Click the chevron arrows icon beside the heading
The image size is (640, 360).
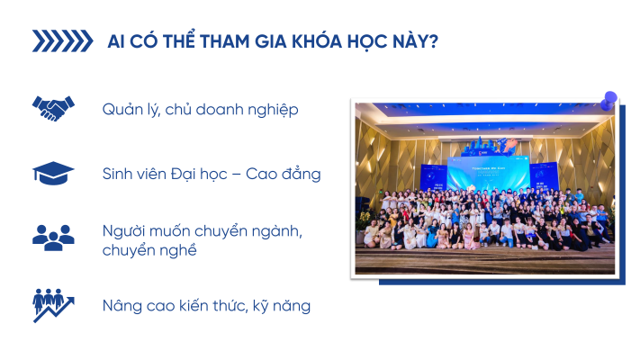click(x=62, y=40)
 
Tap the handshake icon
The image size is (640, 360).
click(x=53, y=109)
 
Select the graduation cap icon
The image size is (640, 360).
click(x=53, y=173)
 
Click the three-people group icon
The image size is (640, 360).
click(x=53, y=238)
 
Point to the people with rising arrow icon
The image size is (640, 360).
click(x=53, y=305)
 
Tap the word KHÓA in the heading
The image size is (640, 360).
click(x=317, y=40)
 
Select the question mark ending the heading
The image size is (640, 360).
click(x=434, y=41)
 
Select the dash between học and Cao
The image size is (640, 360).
click(x=237, y=175)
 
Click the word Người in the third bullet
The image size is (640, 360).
click(x=123, y=231)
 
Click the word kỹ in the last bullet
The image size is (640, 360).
click(x=260, y=306)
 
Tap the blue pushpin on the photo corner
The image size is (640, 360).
click(x=609, y=100)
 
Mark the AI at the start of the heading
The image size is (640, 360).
click(x=116, y=41)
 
